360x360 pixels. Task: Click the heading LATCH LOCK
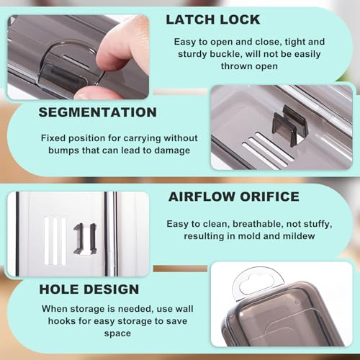[213, 19]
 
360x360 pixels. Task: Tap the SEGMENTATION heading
[98, 112]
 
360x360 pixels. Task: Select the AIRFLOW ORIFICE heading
[234, 197]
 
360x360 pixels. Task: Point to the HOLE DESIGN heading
[89, 289]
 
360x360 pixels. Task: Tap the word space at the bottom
[117, 333]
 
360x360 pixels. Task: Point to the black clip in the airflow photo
[84, 239]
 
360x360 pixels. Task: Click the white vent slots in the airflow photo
[55, 241]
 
